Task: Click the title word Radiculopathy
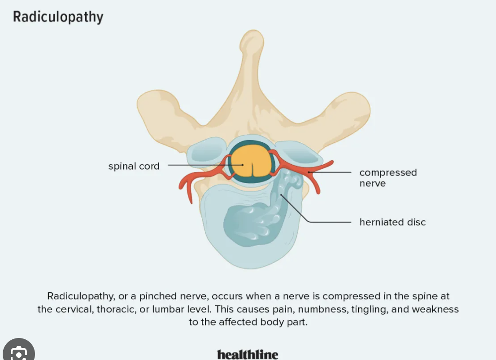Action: [x=58, y=17]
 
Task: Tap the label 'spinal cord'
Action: [x=134, y=166]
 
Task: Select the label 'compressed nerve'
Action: [x=388, y=178]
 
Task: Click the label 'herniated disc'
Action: [x=392, y=222]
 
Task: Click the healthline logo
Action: [x=248, y=354]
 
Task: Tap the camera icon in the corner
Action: [x=18, y=353]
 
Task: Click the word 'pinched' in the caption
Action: [x=157, y=296]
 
